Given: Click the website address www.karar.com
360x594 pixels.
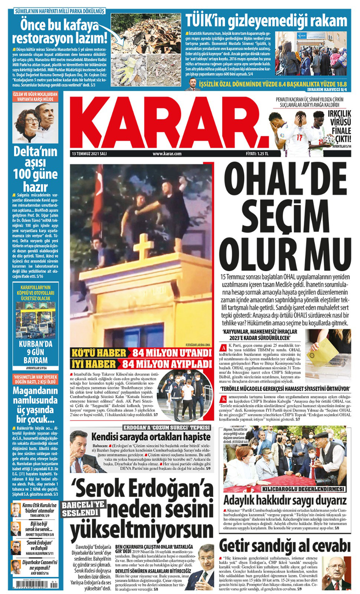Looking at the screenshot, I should click(x=167, y=154).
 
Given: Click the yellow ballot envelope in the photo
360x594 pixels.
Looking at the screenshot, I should click(x=322, y=351).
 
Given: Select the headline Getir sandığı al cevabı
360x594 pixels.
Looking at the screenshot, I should click(x=284, y=545).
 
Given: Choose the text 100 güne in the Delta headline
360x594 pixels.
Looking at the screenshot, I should click(x=35, y=174).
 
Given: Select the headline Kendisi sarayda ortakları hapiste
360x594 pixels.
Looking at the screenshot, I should click(x=151, y=436).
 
